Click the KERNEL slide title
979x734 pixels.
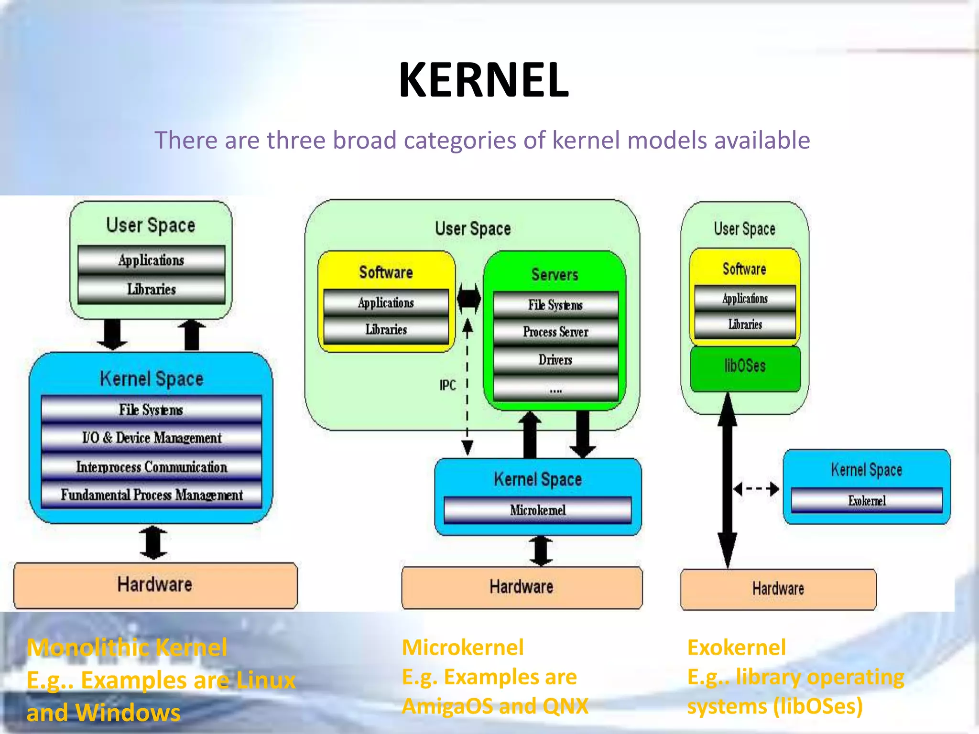click(484, 80)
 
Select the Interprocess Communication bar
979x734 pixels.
click(152, 466)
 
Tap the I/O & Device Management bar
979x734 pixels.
click(152, 438)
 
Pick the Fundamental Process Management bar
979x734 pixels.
click(152, 495)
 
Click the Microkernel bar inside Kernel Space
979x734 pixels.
click(538, 510)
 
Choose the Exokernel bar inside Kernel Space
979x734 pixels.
click(867, 500)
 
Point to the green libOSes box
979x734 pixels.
click(745, 367)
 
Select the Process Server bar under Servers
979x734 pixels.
click(555, 332)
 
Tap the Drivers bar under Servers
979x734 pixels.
click(555, 359)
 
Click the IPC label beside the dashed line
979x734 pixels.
click(447, 385)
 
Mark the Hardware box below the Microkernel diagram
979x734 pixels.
click(522, 587)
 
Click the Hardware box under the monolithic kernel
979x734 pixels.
click(155, 585)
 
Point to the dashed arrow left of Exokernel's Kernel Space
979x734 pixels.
click(756, 489)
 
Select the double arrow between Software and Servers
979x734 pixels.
click(468, 298)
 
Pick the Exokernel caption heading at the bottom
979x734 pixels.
click(736, 648)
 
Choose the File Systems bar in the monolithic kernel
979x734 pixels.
click(152, 410)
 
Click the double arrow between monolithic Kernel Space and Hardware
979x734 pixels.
click(153, 543)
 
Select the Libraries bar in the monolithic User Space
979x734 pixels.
click(152, 289)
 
